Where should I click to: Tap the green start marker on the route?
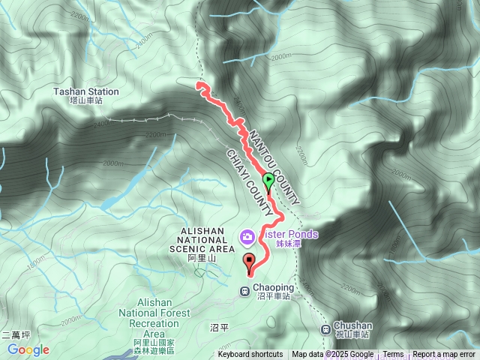pyautogui.click(x=268, y=180)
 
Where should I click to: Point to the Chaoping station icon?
pyautogui.click(x=244, y=291)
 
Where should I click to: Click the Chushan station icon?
pyautogui.click(x=325, y=329)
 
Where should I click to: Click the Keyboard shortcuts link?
pyautogui.click(x=250, y=355)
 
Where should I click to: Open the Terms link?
pyautogui.click(x=393, y=355)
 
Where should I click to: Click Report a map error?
pyautogui.click(x=445, y=355)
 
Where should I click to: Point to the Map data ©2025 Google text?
pyautogui.click(x=333, y=355)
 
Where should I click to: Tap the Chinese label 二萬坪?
pyautogui.click(x=15, y=334)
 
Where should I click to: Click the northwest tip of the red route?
pyautogui.click(x=199, y=86)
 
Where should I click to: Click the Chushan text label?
pyautogui.click(x=353, y=325)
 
